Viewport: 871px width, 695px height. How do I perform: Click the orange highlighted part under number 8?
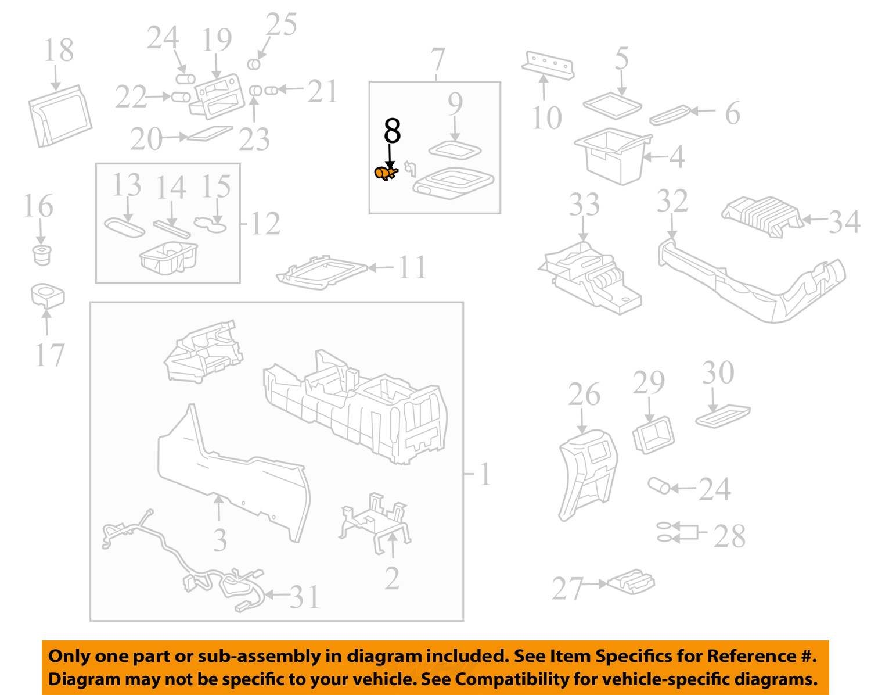(x=386, y=173)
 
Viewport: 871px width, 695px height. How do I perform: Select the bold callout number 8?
(x=392, y=130)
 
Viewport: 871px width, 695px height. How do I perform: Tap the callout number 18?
(x=59, y=50)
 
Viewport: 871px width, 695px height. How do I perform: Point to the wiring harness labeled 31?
(x=182, y=563)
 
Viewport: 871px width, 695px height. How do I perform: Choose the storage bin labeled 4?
(x=613, y=156)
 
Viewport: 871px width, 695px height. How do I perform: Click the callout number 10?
(x=547, y=118)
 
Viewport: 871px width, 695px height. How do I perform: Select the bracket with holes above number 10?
(x=548, y=65)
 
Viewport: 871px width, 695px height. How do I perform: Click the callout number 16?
(x=38, y=205)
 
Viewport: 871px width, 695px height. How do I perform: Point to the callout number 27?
(x=567, y=588)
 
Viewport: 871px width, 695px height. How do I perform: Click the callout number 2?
(x=392, y=578)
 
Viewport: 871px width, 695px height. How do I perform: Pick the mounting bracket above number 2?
(x=375, y=522)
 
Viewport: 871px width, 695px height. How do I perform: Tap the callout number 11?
(x=412, y=267)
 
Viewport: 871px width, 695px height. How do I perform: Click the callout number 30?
(x=718, y=372)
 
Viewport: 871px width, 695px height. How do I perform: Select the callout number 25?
(x=281, y=24)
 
